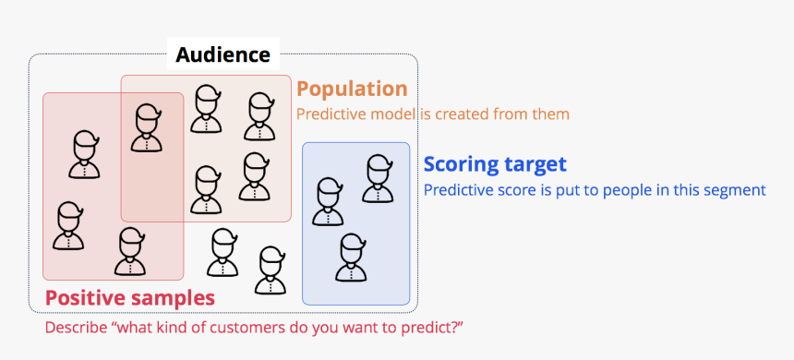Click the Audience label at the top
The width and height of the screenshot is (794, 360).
pos(223,55)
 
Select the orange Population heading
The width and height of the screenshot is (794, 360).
pos(352,89)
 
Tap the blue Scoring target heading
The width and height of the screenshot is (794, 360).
pos(494,164)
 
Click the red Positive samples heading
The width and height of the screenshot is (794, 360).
pos(130,298)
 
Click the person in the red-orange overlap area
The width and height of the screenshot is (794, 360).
pos(146,128)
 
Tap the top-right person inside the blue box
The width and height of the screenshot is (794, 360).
pos(377,178)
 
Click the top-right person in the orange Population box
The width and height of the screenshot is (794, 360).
pos(260,116)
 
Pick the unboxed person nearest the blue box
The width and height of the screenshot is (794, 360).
pos(271,270)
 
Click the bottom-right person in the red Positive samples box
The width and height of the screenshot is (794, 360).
pos(130,251)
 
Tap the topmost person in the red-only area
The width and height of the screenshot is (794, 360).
pos(85,154)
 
